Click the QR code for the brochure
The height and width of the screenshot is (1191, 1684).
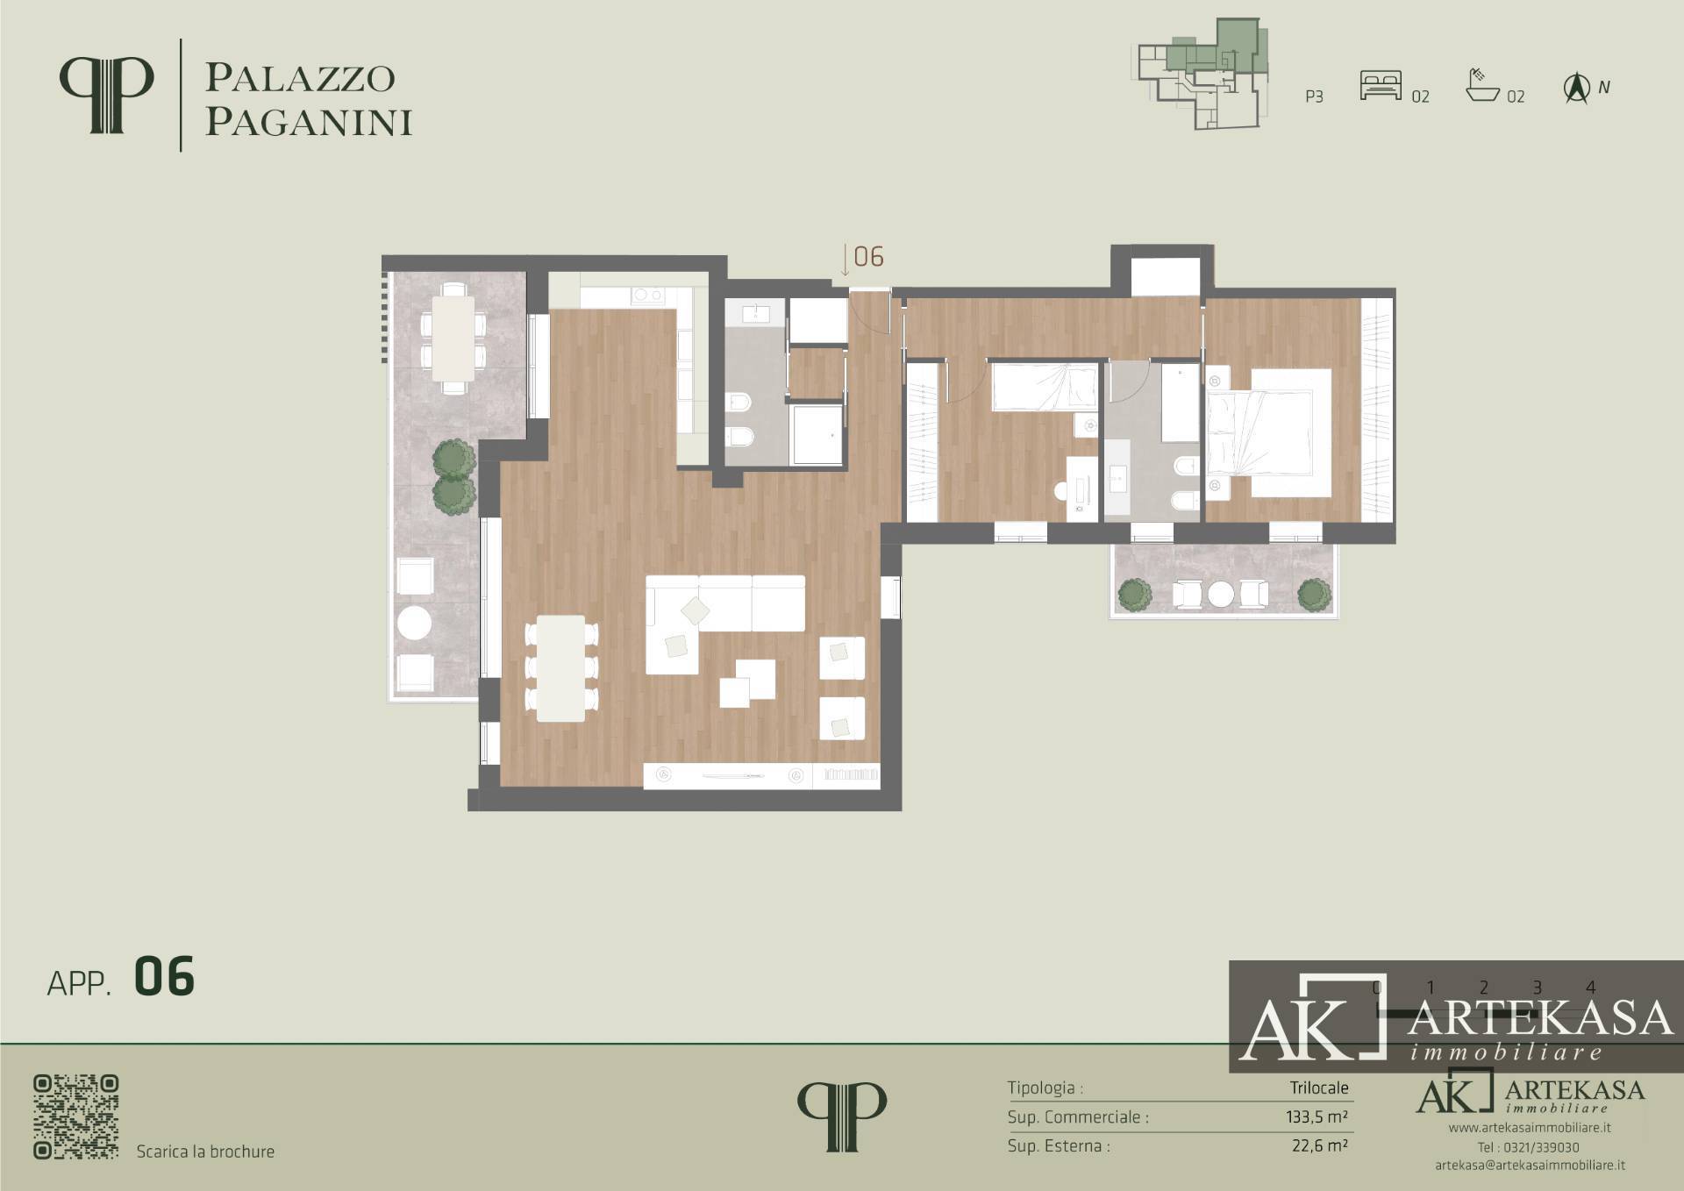(x=76, y=1116)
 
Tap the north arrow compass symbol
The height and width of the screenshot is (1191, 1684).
(x=1577, y=89)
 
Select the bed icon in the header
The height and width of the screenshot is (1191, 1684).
(x=1381, y=85)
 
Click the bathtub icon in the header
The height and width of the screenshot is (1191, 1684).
(x=1482, y=85)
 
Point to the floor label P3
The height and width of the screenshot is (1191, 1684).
(x=1314, y=96)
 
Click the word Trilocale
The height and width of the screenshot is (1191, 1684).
(x=1319, y=1088)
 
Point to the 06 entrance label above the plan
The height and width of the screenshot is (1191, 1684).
(x=868, y=256)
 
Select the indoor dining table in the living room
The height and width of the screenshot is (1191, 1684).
(x=561, y=668)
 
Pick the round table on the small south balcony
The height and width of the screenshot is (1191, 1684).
(x=1222, y=595)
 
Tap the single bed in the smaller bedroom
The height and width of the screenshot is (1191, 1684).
(x=1045, y=388)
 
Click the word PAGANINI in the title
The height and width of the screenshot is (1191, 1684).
(x=309, y=122)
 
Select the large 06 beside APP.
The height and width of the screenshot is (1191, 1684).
(x=164, y=977)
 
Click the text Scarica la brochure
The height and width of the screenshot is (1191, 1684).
(x=205, y=1152)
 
